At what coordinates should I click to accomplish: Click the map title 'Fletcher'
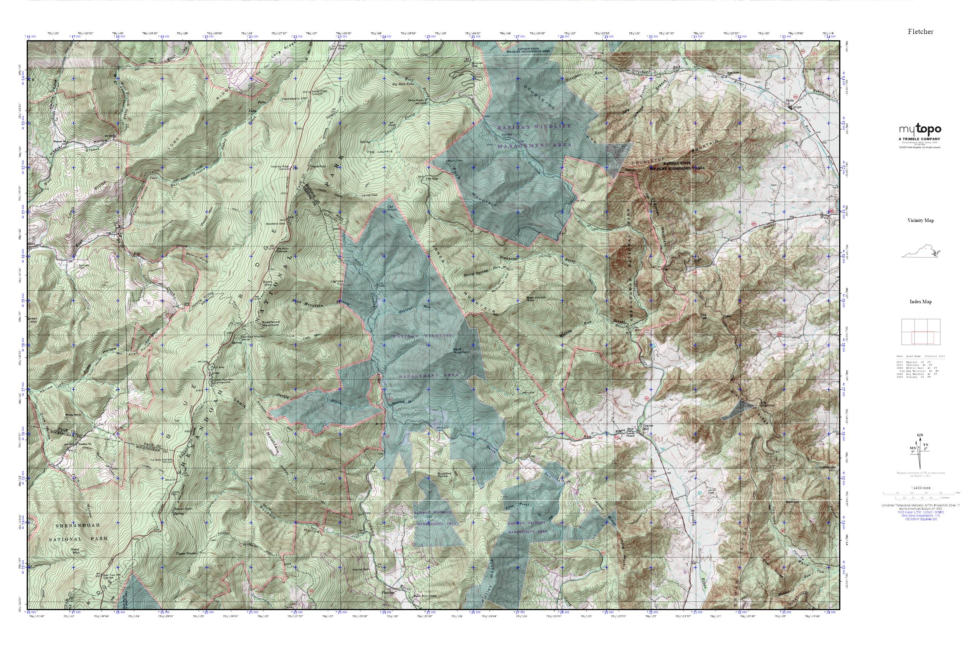click(x=920, y=32)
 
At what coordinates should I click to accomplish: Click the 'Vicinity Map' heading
click(x=920, y=220)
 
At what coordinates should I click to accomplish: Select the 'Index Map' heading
click(x=921, y=302)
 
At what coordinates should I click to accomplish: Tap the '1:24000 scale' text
click(x=921, y=488)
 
